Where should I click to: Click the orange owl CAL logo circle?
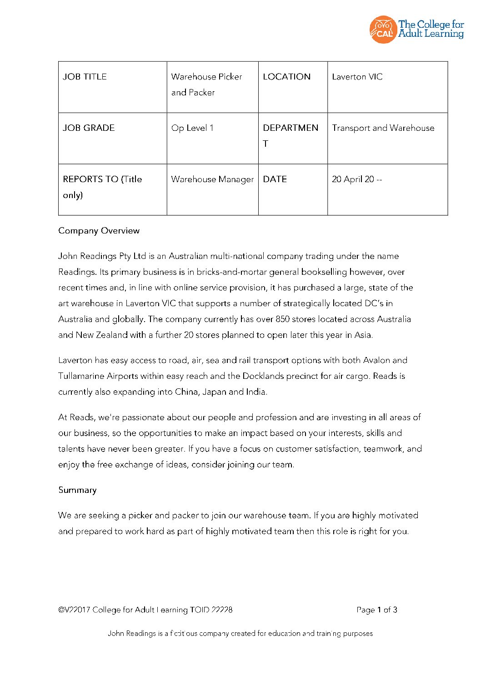coord(383,30)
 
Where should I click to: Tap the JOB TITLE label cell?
coord(85,77)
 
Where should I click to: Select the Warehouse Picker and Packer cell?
coord(206,84)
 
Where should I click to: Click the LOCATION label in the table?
coord(286,77)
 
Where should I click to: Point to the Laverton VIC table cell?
coord(357,77)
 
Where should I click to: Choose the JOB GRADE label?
coord(89,128)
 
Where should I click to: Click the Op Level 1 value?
coord(192,128)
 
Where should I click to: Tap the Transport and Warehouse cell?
coord(383,128)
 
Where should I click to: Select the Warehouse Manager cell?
coord(212,179)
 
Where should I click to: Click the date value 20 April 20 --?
coord(357,179)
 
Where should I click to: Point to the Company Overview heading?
coord(99,231)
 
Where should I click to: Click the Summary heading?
coord(77,490)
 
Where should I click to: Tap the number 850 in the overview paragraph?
coord(282,319)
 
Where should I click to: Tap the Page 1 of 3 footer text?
coord(377,610)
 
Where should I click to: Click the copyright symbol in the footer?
coord(61,610)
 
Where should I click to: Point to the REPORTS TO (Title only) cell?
coord(102,187)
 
